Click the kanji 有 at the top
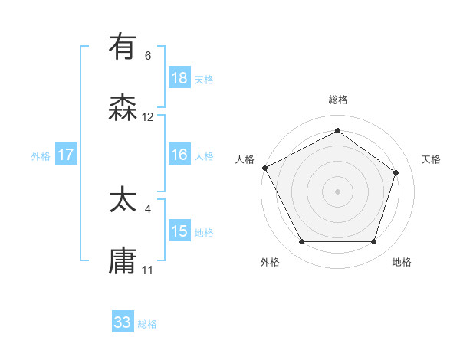(x=123, y=47)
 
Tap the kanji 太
(x=123, y=200)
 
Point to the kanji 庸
(x=123, y=261)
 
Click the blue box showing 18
(x=179, y=77)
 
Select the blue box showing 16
(x=179, y=155)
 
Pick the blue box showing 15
(x=179, y=231)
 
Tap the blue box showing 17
(x=66, y=155)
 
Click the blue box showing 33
(x=123, y=322)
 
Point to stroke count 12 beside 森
(x=148, y=117)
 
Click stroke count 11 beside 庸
(x=148, y=270)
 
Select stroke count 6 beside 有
(x=148, y=56)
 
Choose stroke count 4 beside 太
(x=148, y=208)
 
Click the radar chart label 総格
(x=337, y=100)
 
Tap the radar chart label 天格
(x=432, y=159)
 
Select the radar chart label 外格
(x=270, y=262)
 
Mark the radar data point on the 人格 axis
(x=264, y=168)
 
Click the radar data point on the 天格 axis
(x=396, y=172)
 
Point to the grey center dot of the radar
(x=337, y=191)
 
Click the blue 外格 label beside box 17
(x=41, y=155)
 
